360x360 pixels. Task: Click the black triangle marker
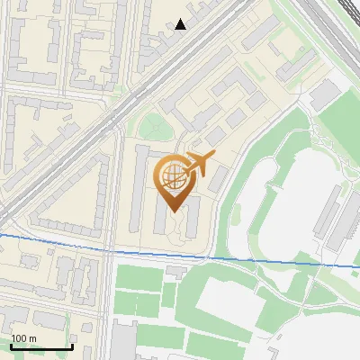[x=181, y=24]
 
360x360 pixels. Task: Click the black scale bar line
[x=40, y=346]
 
